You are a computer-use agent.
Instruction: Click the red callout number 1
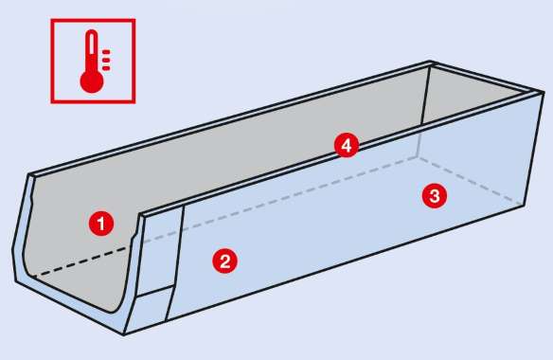click(x=101, y=224)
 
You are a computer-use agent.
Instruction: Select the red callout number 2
click(x=224, y=261)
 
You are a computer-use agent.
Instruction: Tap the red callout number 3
click(x=435, y=195)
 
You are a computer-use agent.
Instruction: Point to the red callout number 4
click(x=347, y=145)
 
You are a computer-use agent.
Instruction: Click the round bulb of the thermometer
click(x=92, y=82)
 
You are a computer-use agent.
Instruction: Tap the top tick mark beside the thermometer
click(x=106, y=52)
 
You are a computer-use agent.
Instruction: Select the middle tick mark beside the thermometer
click(x=106, y=60)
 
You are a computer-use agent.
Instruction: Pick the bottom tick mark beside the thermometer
click(x=106, y=68)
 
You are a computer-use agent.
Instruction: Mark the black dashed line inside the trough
click(x=81, y=261)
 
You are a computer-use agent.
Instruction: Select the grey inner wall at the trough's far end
click(x=469, y=94)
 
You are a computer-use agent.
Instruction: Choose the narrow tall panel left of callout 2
click(x=160, y=251)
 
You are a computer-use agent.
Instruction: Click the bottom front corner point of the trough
click(x=123, y=333)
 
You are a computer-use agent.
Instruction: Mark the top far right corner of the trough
click(x=544, y=92)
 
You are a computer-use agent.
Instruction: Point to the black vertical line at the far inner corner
click(x=425, y=96)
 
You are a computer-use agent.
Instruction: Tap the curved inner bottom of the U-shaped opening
click(x=70, y=294)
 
